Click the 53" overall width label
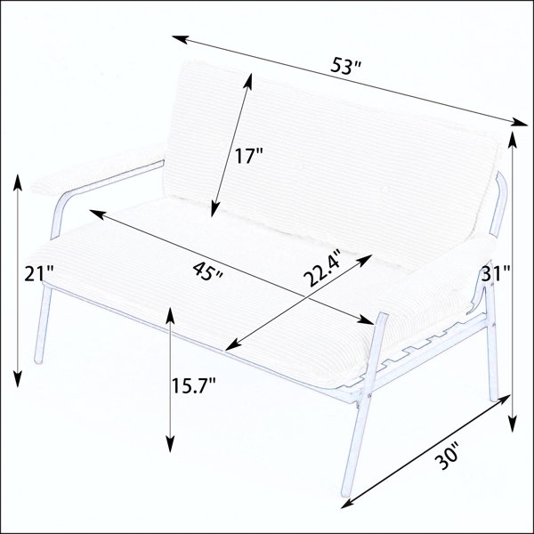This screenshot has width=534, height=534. point(345,67)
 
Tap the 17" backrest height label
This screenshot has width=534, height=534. point(249,157)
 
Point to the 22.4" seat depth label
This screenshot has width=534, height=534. point(322,268)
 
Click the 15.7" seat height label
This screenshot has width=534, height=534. point(193,386)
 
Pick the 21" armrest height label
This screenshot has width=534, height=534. point(39,273)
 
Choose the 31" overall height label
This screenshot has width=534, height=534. point(496,273)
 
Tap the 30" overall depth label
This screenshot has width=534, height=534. point(448,456)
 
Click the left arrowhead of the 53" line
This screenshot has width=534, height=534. point(180,38)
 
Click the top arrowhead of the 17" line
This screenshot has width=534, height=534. point(249,81)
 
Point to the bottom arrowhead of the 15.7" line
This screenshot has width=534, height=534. point(170,444)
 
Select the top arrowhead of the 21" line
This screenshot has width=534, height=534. point(18,182)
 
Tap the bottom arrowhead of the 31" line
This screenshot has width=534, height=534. point(513,424)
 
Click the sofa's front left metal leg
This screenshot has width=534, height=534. point(43,324)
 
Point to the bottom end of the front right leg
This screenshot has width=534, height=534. point(347,493)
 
